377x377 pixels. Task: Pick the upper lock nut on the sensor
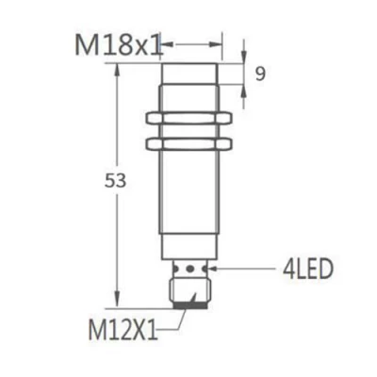192,120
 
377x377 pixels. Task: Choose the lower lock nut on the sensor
192,143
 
